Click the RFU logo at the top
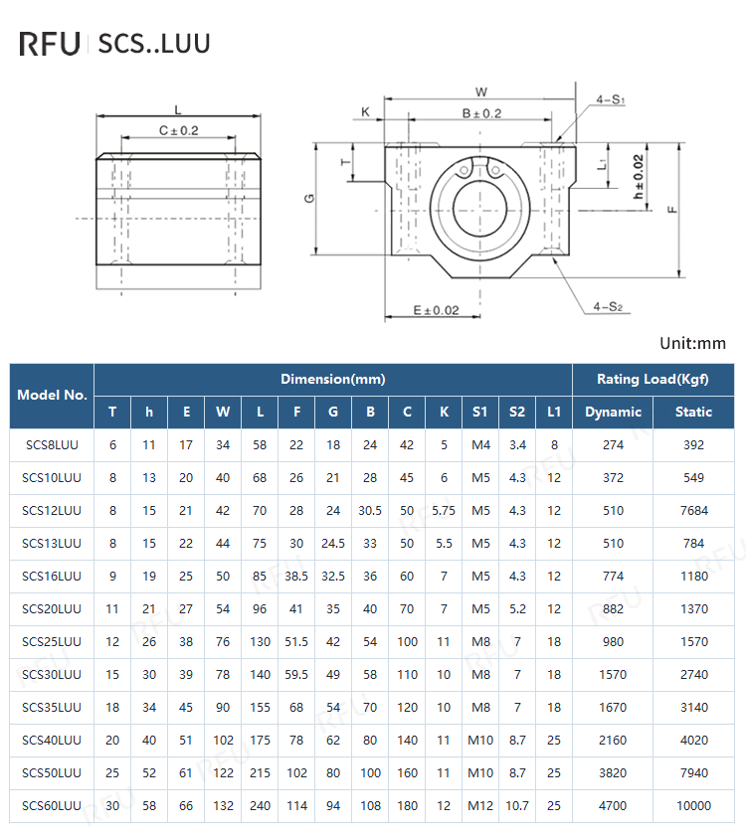(50, 44)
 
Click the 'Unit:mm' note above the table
(692, 344)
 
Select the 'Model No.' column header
(52, 395)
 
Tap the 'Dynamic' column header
(613, 412)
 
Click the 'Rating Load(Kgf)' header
(652, 379)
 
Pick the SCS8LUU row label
(52, 445)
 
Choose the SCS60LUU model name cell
(52, 805)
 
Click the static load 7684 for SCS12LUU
(693, 511)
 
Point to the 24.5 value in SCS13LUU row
(333, 544)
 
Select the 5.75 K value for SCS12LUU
(444, 511)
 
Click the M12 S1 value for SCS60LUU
(480, 805)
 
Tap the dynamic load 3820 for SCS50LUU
(613, 772)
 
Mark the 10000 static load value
(693, 805)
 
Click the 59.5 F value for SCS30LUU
(296, 675)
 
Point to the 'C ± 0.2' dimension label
(179, 130)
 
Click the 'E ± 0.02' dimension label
(437, 311)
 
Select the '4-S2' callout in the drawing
(607, 306)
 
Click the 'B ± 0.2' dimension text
(481, 114)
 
